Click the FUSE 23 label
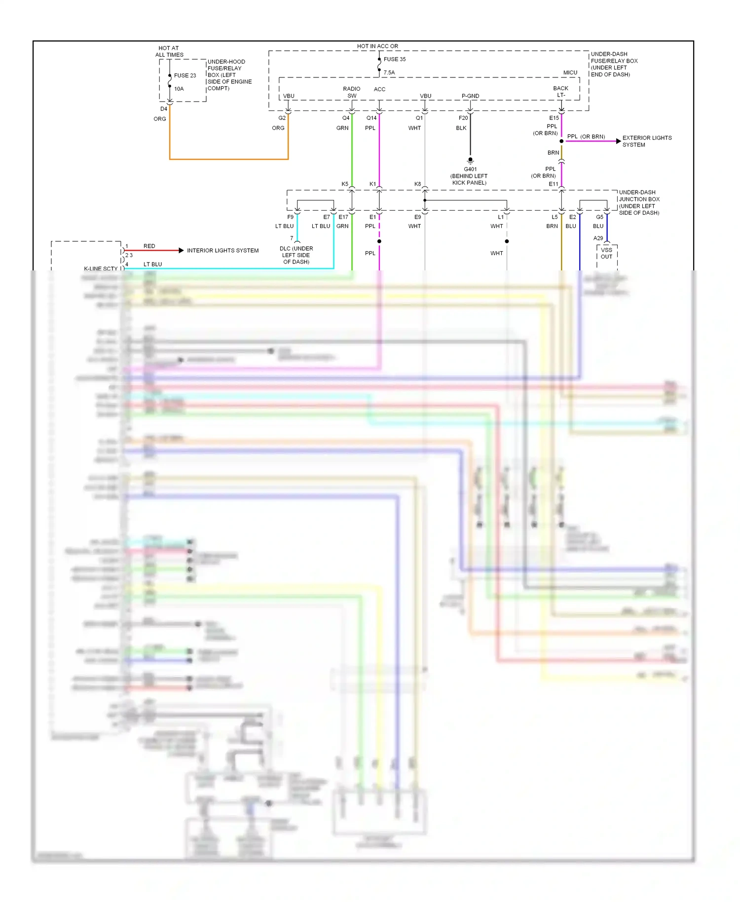click(185, 75)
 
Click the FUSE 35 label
click(394, 59)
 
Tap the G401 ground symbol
click(470, 160)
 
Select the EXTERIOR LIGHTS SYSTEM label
click(647, 141)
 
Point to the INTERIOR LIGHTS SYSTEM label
click(222, 251)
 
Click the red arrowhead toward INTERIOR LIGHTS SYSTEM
click(181, 251)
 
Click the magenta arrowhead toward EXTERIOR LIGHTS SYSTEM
click(619, 141)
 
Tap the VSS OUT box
click(606, 254)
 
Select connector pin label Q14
click(371, 118)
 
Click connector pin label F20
click(463, 118)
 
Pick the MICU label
click(570, 73)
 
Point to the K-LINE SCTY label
click(101, 268)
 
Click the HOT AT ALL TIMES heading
click(169, 51)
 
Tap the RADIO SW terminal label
click(352, 92)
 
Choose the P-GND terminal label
click(470, 96)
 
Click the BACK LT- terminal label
click(560, 92)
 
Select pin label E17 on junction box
click(343, 217)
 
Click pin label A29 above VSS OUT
click(598, 238)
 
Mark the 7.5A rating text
click(389, 73)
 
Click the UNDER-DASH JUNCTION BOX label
click(639, 202)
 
